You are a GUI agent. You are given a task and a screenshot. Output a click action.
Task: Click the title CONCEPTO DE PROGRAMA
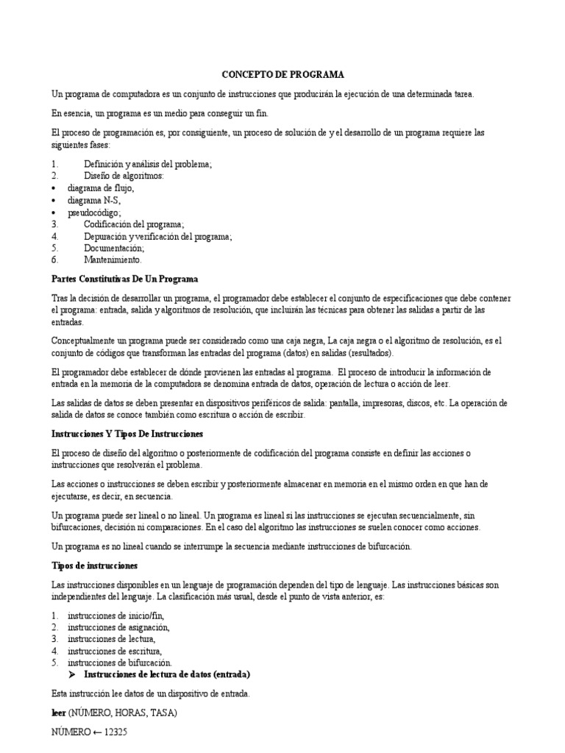(x=283, y=75)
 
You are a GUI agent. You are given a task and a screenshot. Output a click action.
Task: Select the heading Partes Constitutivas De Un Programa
(x=124, y=279)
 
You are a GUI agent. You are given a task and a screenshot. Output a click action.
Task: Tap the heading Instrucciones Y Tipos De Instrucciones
(x=127, y=434)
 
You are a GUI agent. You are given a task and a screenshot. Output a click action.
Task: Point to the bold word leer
(x=59, y=713)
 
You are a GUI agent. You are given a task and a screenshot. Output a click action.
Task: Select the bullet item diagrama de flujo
(x=101, y=188)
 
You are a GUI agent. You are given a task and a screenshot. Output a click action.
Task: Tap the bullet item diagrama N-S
(x=94, y=200)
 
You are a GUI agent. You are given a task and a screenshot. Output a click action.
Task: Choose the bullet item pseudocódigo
(x=95, y=213)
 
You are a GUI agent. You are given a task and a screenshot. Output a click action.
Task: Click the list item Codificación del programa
(x=134, y=224)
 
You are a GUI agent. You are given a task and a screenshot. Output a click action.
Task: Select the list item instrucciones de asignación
(x=118, y=627)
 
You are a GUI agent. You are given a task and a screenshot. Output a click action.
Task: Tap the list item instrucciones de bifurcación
(x=119, y=663)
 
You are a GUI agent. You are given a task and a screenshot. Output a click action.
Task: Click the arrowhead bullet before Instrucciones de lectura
(x=72, y=674)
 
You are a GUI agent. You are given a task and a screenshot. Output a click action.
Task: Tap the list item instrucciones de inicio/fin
(x=116, y=615)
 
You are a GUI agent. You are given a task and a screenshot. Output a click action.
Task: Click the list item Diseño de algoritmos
(x=124, y=176)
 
